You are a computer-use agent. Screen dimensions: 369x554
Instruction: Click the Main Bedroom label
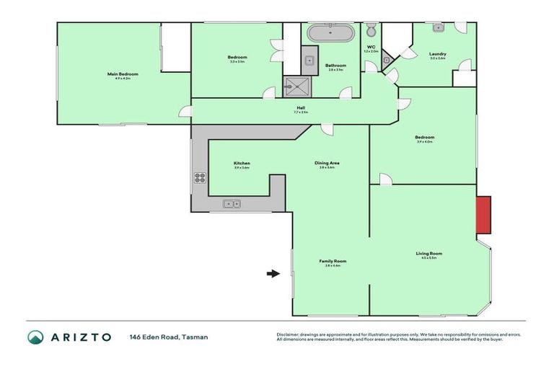pyautogui.click(x=123, y=74)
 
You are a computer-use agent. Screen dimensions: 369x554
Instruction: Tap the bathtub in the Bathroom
pyautogui.click(x=330, y=33)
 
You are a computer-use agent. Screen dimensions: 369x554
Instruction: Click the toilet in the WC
pyautogui.click(x=371, y=31)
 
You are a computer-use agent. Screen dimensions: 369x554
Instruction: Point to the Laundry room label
pyautogui.click(x=438, y=54)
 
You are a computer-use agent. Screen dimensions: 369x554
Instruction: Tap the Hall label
pyautogui.click(x=301, y=109)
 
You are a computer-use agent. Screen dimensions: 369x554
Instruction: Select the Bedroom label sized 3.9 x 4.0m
pyautogui.click(x=424, y=138)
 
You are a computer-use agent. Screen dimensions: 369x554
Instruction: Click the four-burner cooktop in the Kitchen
pyautogui.click(x=200, y=179)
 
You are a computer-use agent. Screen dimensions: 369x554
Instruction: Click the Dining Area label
pyautogui.click(x=327, y=164)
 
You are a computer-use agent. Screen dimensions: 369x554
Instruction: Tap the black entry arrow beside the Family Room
pyautogui.click(x=272, y=273)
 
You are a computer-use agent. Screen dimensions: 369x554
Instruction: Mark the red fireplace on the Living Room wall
pyautogui.click(x=483, y=215)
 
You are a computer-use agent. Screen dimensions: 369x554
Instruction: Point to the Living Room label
pyautogui.click(x=428, y=254)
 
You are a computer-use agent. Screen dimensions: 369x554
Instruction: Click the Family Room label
pyautogui.click(x=333, y=262)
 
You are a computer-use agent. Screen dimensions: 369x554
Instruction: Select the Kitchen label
pyautogui.click(x=242, y=164)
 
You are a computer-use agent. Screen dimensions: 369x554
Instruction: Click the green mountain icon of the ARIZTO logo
pyautogui.click(x=35, y=337)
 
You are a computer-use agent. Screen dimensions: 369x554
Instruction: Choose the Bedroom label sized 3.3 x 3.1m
pyautogui.click(x=238, y=58)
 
